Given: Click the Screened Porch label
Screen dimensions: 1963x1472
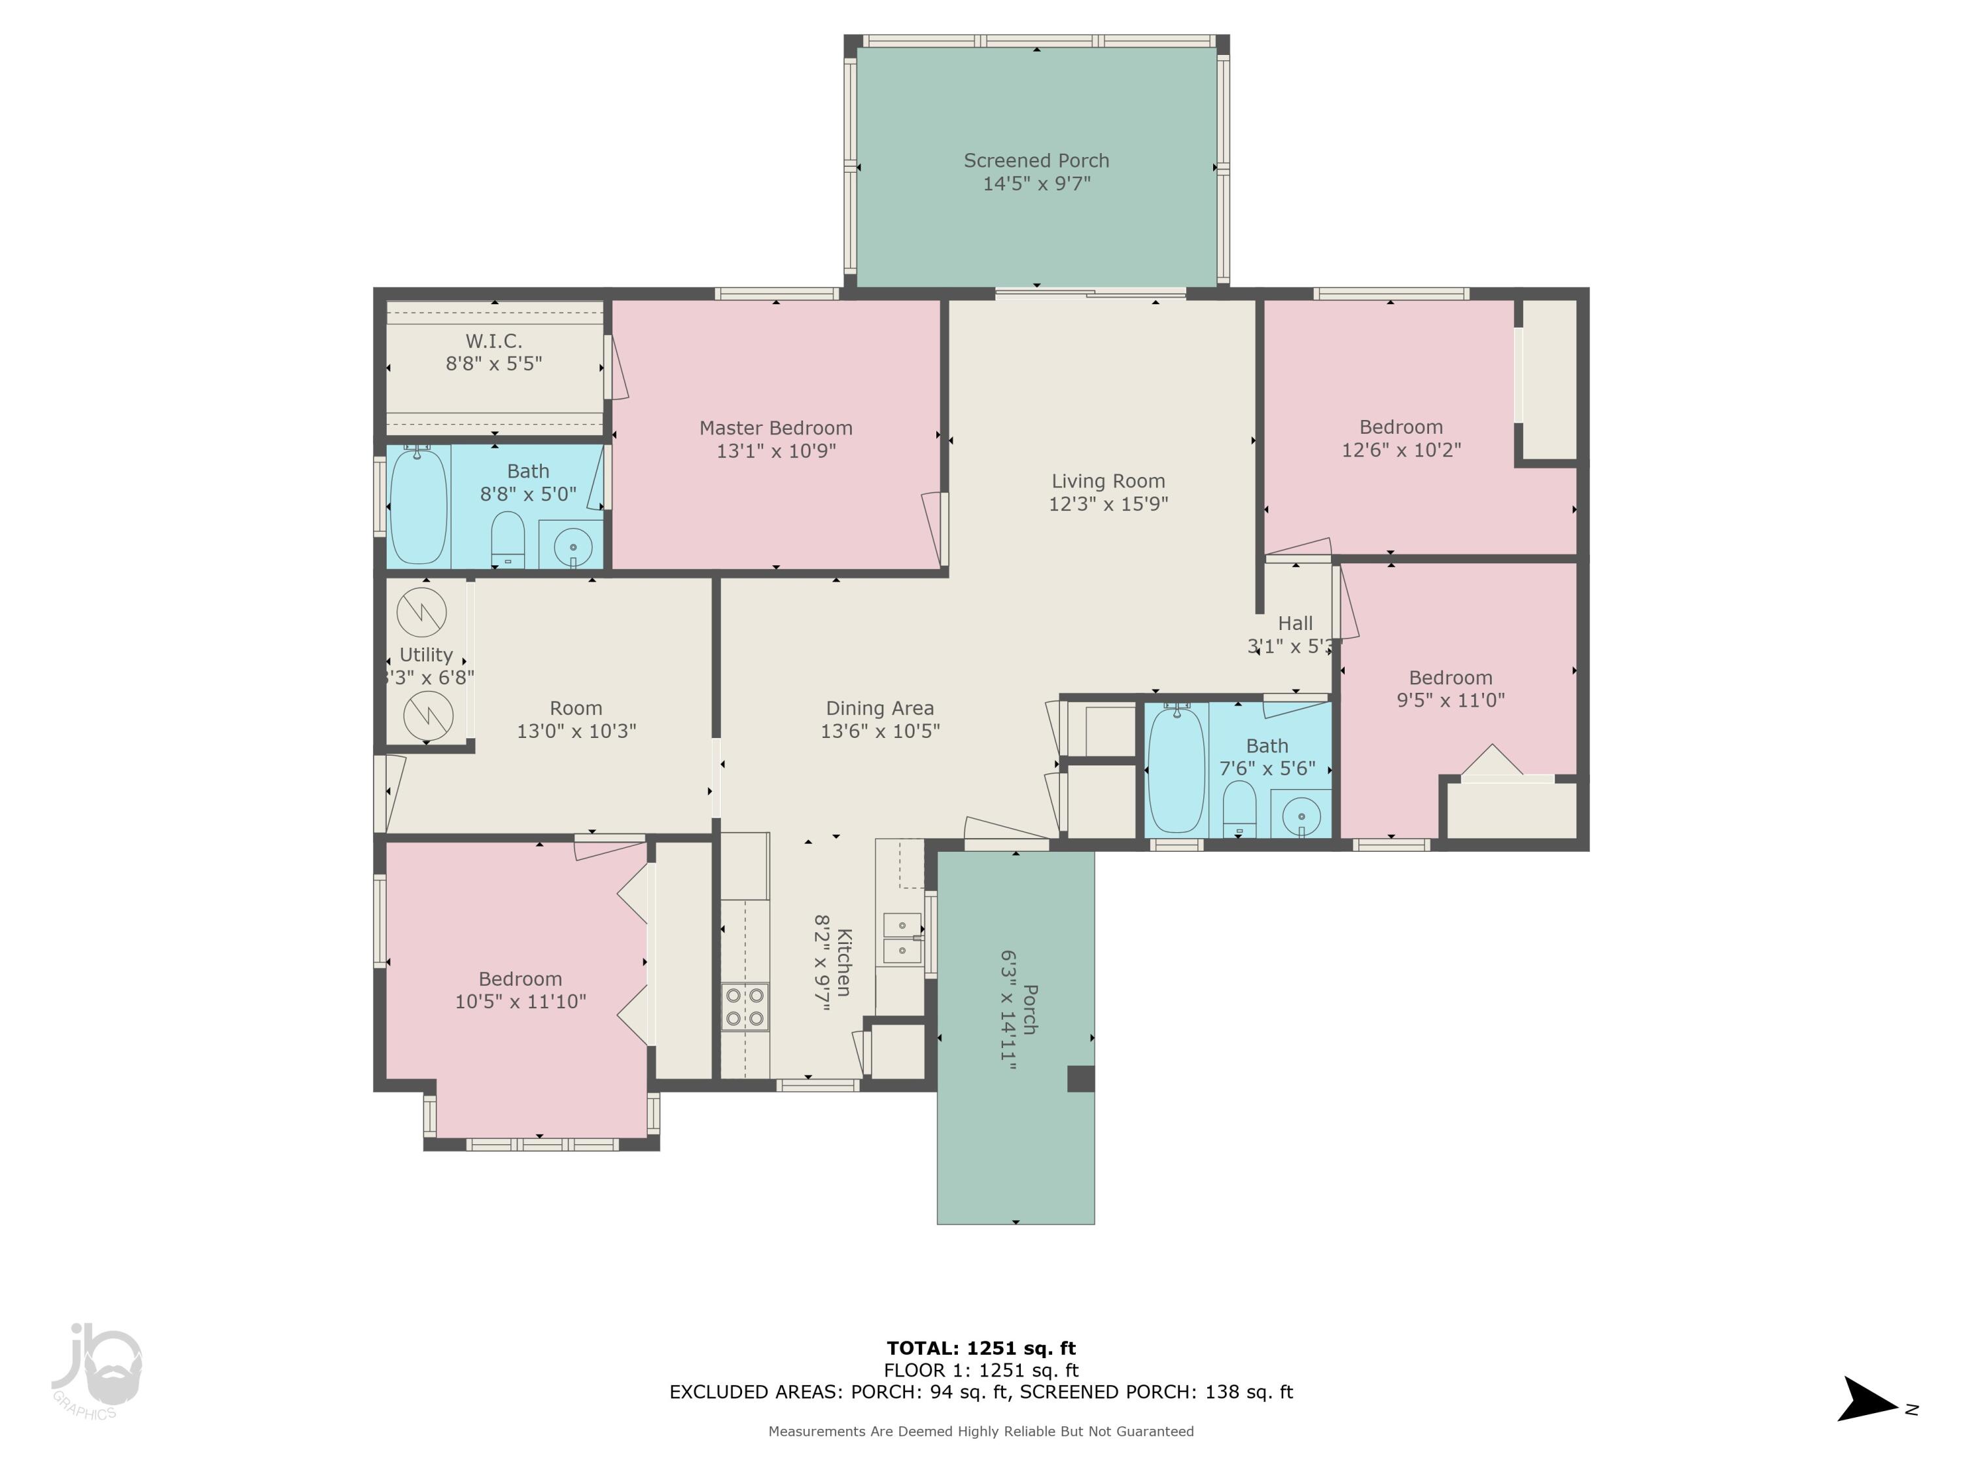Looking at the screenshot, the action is [x=1036, y=160].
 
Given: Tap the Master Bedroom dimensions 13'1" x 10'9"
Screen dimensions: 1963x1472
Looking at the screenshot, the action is [x=777, y=451].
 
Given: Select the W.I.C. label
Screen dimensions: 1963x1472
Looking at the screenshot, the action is [x=494, y=341].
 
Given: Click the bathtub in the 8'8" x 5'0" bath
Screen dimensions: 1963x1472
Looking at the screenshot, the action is [x=419, y=505].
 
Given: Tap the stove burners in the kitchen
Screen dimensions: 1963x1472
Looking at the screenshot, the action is [x=745, y=1007].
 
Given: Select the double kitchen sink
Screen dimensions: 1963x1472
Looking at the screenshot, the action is [x=902, y=939].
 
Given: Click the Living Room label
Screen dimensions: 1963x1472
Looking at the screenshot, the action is [x=1108, y=481].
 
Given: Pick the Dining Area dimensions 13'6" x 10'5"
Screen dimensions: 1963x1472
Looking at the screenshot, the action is [x=880, y=731].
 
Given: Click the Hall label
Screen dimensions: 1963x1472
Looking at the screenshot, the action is [x=1296, y=623].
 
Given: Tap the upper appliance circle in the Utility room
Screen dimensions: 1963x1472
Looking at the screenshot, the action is [x=421, y=612].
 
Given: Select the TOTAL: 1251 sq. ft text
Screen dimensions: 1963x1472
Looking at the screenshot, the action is [x=981, y=1348].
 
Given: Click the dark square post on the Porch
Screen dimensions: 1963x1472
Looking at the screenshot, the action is [x=1080, y=1079].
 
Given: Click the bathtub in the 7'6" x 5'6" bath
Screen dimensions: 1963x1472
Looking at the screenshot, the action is [x=1176, y=769].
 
